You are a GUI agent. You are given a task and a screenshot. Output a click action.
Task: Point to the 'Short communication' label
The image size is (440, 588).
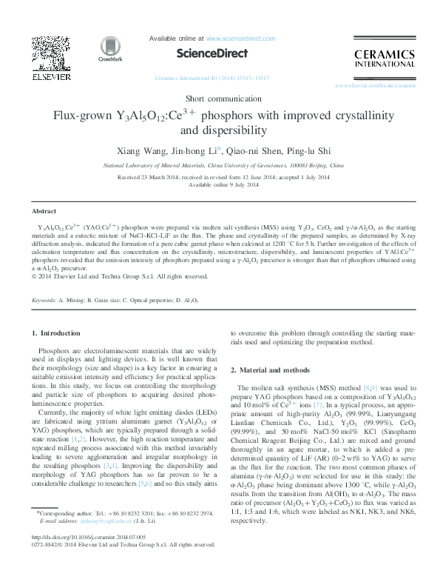click(x=220, y=99)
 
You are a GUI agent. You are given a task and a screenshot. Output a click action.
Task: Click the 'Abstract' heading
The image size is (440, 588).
click(x=44, y=211)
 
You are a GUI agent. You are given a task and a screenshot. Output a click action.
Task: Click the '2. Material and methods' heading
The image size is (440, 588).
click(x=269, y=370)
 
